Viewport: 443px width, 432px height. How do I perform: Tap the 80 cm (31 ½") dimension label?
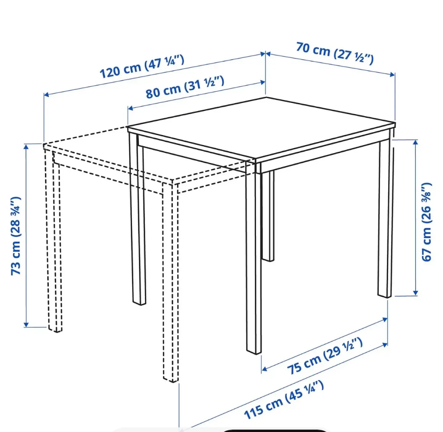coord(185,87)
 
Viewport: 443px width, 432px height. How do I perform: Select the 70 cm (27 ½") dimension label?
coord(335,54)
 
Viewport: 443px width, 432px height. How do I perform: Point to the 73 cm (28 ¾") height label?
coord(16,236)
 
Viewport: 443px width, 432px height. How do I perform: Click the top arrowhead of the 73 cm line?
coord(26,147)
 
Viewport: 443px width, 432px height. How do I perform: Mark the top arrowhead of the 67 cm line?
coord(415,142)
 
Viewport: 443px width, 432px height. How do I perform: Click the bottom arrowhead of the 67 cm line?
coord(415,293)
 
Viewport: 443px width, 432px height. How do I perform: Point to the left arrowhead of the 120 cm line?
coord(46,95)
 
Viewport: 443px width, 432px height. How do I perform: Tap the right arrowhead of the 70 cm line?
coord(392,74)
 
